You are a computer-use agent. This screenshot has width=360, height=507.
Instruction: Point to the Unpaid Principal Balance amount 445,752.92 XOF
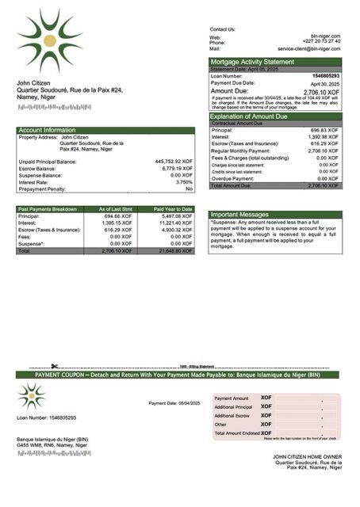tap(174, 161)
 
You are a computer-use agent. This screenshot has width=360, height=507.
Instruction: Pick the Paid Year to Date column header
tap(173, 209)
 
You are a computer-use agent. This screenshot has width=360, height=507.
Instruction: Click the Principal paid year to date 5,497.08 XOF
tap(174, 215)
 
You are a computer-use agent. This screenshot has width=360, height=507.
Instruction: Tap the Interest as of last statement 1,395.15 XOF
tap(115, 223)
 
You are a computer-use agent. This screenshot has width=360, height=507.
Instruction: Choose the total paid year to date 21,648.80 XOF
tap(174, 250)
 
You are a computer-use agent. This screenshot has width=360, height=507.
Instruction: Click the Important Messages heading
tap(240, 215)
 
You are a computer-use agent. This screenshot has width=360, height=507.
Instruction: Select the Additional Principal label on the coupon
tap(233, 406)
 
